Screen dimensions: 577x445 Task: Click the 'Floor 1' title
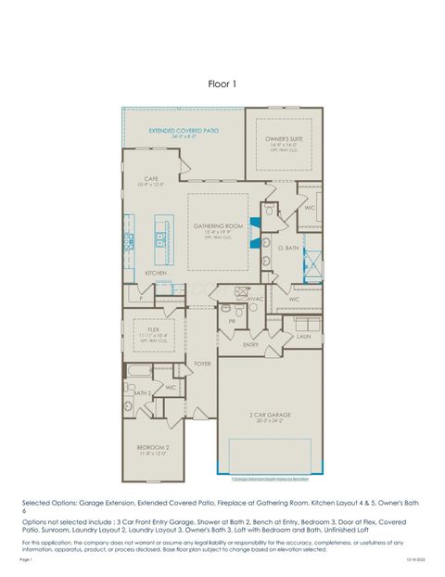click(x=222, y=83)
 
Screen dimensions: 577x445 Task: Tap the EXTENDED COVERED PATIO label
click(x=183, y=131)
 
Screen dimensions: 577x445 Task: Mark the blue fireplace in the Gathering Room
click(x=255, y=225)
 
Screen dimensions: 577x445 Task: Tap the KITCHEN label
click(x=156, y=273)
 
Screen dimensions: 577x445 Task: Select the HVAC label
click(x=256, y=299)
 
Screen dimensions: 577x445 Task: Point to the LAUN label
click(x=303, y=337)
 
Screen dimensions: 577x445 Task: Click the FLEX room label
click(x=152, y=328)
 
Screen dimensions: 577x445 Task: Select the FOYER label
click(x=202, y=364)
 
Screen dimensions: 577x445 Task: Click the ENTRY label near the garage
click(x=251, y=344)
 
